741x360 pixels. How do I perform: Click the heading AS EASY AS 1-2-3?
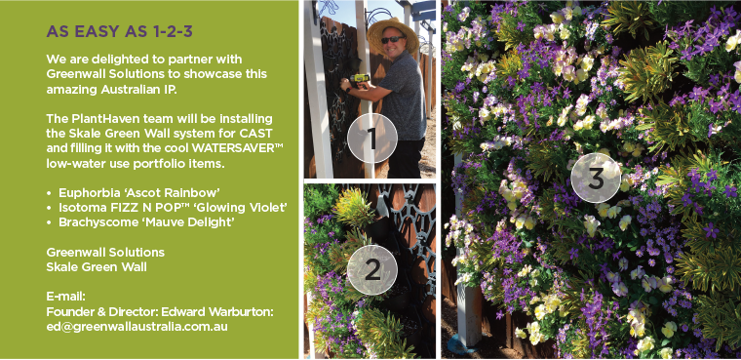click(x=119, y=31)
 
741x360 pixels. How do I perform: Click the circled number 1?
click(x=372, y=139)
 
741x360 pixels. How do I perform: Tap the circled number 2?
click(x=372, y=269)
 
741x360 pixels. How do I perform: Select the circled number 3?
click(x=596, y=178)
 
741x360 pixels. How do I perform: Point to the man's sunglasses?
click(x=392, y=39)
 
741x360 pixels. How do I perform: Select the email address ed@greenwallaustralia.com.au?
click(x=137, y=327)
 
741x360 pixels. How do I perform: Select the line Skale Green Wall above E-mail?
click(x=97, y=266)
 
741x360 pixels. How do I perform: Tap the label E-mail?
click(x=65, y=298)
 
